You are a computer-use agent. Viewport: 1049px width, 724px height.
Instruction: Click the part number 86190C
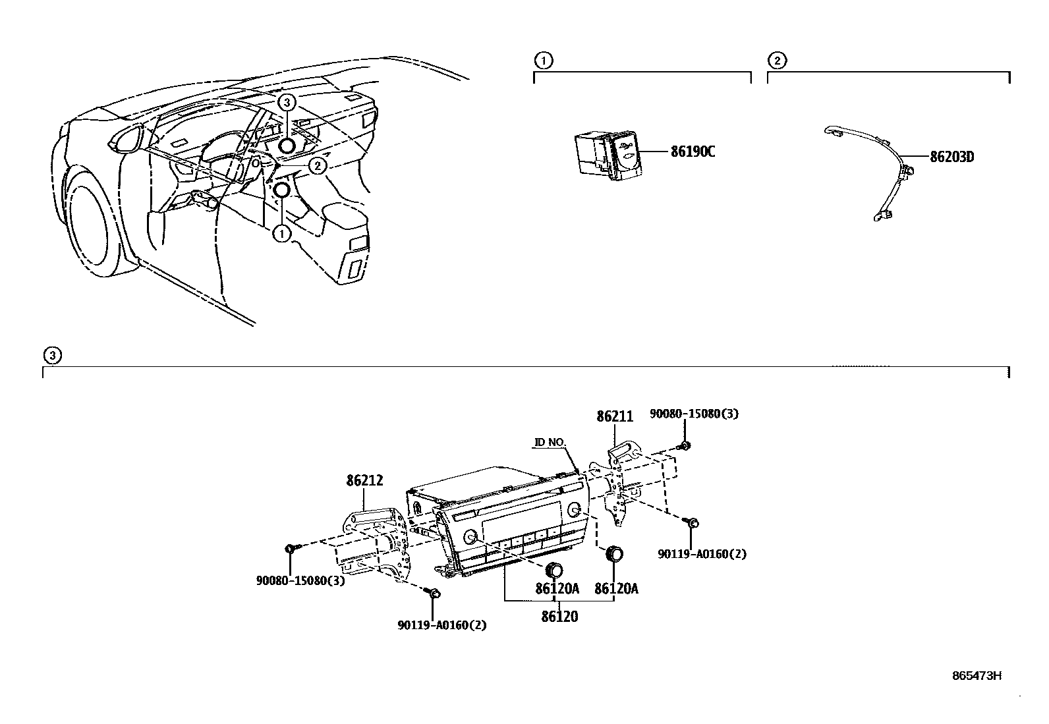click(693, 152)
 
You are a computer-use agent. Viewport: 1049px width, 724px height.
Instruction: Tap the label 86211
click(615, 416)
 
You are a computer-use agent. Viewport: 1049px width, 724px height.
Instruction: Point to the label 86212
click(365, 481)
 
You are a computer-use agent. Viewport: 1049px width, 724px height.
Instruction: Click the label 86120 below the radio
click(559, 617)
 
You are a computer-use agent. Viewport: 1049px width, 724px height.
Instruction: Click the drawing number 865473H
click(977, 675)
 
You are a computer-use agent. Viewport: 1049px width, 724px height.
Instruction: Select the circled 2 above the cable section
click(777, 61)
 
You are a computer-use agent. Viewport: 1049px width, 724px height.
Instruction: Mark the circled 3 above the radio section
click(52, 356)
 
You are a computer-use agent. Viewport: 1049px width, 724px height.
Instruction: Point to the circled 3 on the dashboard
click(286, 102)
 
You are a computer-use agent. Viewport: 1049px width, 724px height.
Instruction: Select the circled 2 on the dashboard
click(318, 165)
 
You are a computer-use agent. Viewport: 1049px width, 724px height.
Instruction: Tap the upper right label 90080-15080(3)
click(694, 414)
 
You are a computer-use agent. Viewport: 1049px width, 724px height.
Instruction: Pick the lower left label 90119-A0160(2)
click(441, 625)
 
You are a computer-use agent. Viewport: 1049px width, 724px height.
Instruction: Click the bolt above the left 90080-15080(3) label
click(291, 548)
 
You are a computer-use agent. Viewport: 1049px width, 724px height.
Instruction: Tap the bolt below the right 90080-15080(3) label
click(685, 446)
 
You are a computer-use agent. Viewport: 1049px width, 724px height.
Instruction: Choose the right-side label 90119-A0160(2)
click(702, 554)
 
